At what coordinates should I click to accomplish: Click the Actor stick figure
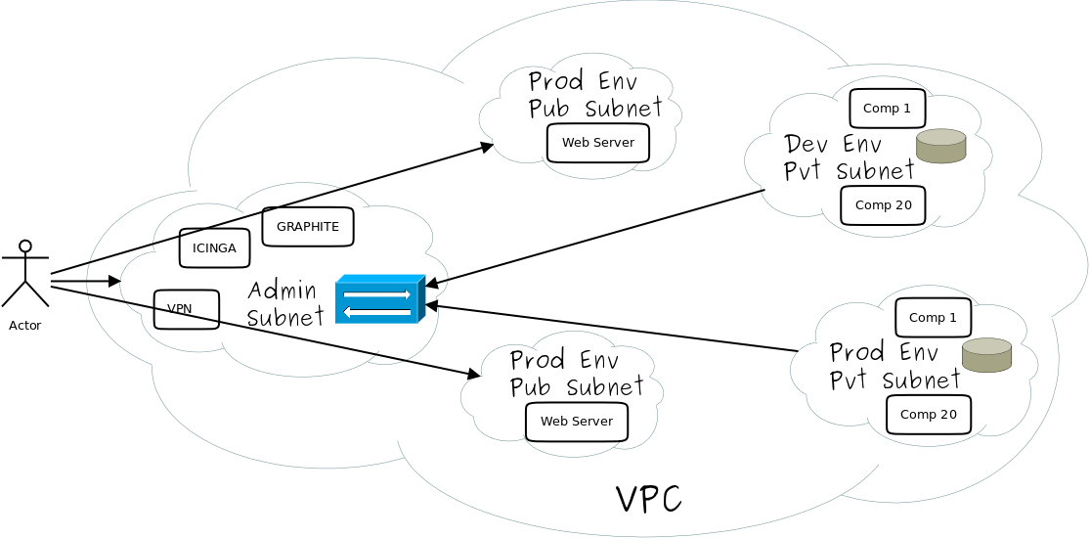point(24,273)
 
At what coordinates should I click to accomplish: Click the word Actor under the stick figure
point(24,326)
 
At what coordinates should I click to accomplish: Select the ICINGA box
point(214,248)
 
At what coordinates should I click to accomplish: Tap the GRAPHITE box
point(308,227)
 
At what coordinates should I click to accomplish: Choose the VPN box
point(186,309)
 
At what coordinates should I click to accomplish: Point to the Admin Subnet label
point(283,303)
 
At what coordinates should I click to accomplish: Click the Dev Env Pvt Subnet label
point(849,158)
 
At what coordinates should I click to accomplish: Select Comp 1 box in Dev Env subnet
point(887,109)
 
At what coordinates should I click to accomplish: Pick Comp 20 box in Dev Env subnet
point(883,205)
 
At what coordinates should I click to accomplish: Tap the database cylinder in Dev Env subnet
point(941,146)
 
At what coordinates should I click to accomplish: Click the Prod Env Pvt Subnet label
point(894,366)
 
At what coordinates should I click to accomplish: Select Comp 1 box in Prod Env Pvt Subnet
point(933,318)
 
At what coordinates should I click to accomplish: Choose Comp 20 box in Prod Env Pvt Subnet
point(928,415)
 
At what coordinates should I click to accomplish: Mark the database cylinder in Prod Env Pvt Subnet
point(986,355)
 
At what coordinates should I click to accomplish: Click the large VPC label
point(648,499)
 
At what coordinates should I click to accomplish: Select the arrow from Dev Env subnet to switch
point(596,237)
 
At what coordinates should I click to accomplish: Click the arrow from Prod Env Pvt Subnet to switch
point(611,328)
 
